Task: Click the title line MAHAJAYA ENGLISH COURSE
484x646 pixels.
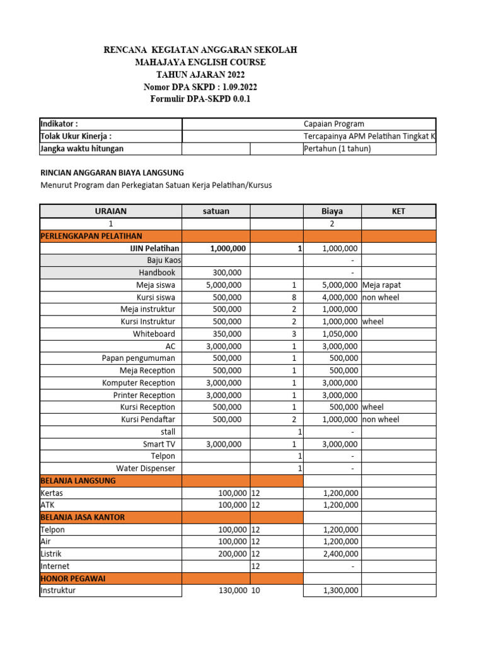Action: (200, 62)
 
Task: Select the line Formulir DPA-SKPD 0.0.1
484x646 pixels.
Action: (200, 99)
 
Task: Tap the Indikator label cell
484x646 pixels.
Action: (59, 124)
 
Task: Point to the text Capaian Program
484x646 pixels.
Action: (333, 124)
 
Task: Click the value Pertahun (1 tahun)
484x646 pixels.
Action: (337, 148)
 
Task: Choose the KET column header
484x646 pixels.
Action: (398, 211)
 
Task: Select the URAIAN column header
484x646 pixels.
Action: (111, 211)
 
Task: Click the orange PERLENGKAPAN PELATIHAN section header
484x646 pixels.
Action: (82, 236)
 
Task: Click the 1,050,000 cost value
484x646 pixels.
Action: (340, 334)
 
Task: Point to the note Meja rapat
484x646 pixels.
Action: (383, 285)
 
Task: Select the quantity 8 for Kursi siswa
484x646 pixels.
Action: (294, 297)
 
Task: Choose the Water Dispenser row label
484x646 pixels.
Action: (146, 469)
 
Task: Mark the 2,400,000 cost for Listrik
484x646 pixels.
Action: (340, 554)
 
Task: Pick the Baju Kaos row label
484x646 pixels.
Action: (164, 260)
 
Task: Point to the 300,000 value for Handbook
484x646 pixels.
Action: (228, 273)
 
